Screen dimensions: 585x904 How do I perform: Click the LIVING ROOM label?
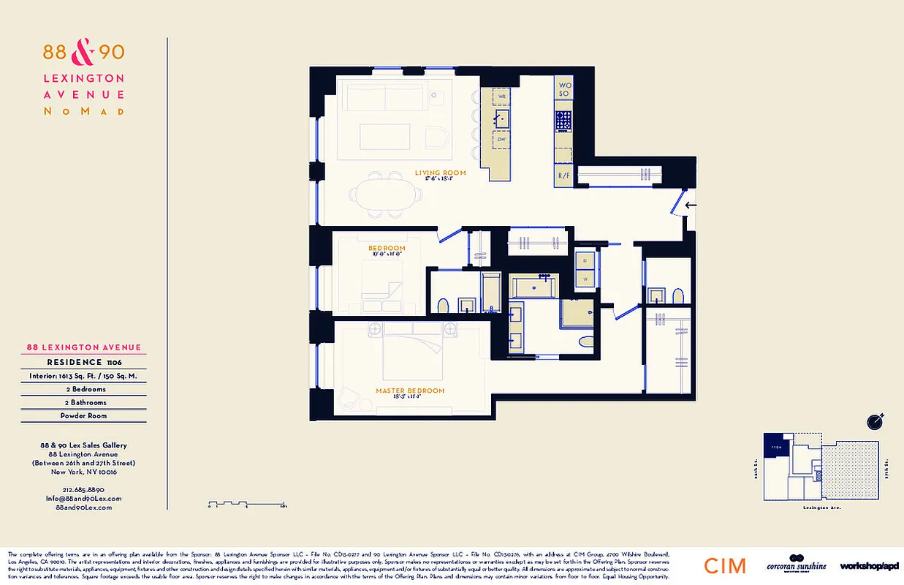[x=440, y=173]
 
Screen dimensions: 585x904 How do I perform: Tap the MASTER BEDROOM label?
[x=410, y=390]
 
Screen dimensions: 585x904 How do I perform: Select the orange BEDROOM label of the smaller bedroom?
[x=387, y=249]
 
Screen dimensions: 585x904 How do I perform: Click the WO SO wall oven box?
[x=563, y=88]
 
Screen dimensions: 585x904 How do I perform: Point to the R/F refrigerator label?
[x=563, y=176]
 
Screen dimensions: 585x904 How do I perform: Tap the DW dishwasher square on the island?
[x=502, y=139]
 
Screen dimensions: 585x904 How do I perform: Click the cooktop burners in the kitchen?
[x=563, y=121]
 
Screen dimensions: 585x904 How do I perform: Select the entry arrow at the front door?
[x=691, y=205]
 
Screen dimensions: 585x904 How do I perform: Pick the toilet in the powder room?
[x=677, y=295]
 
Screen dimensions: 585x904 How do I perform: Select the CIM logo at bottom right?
[x=725, y=565]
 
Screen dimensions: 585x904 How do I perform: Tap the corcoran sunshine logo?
[x=796, y=565]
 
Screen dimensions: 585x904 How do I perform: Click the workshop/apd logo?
[x=869, y=566]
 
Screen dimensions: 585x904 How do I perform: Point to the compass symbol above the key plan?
[x=875, y=421]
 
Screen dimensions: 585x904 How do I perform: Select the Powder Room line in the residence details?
[x=83, y=415]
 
